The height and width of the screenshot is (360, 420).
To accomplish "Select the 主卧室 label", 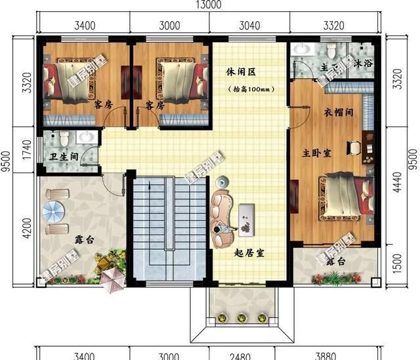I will [316, 153].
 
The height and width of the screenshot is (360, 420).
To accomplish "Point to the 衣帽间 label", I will [341, 113].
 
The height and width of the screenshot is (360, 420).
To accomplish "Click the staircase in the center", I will [167, 223].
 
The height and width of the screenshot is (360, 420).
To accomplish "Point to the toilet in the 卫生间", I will [64, 138].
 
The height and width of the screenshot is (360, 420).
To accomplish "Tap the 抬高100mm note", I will [247, 89].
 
